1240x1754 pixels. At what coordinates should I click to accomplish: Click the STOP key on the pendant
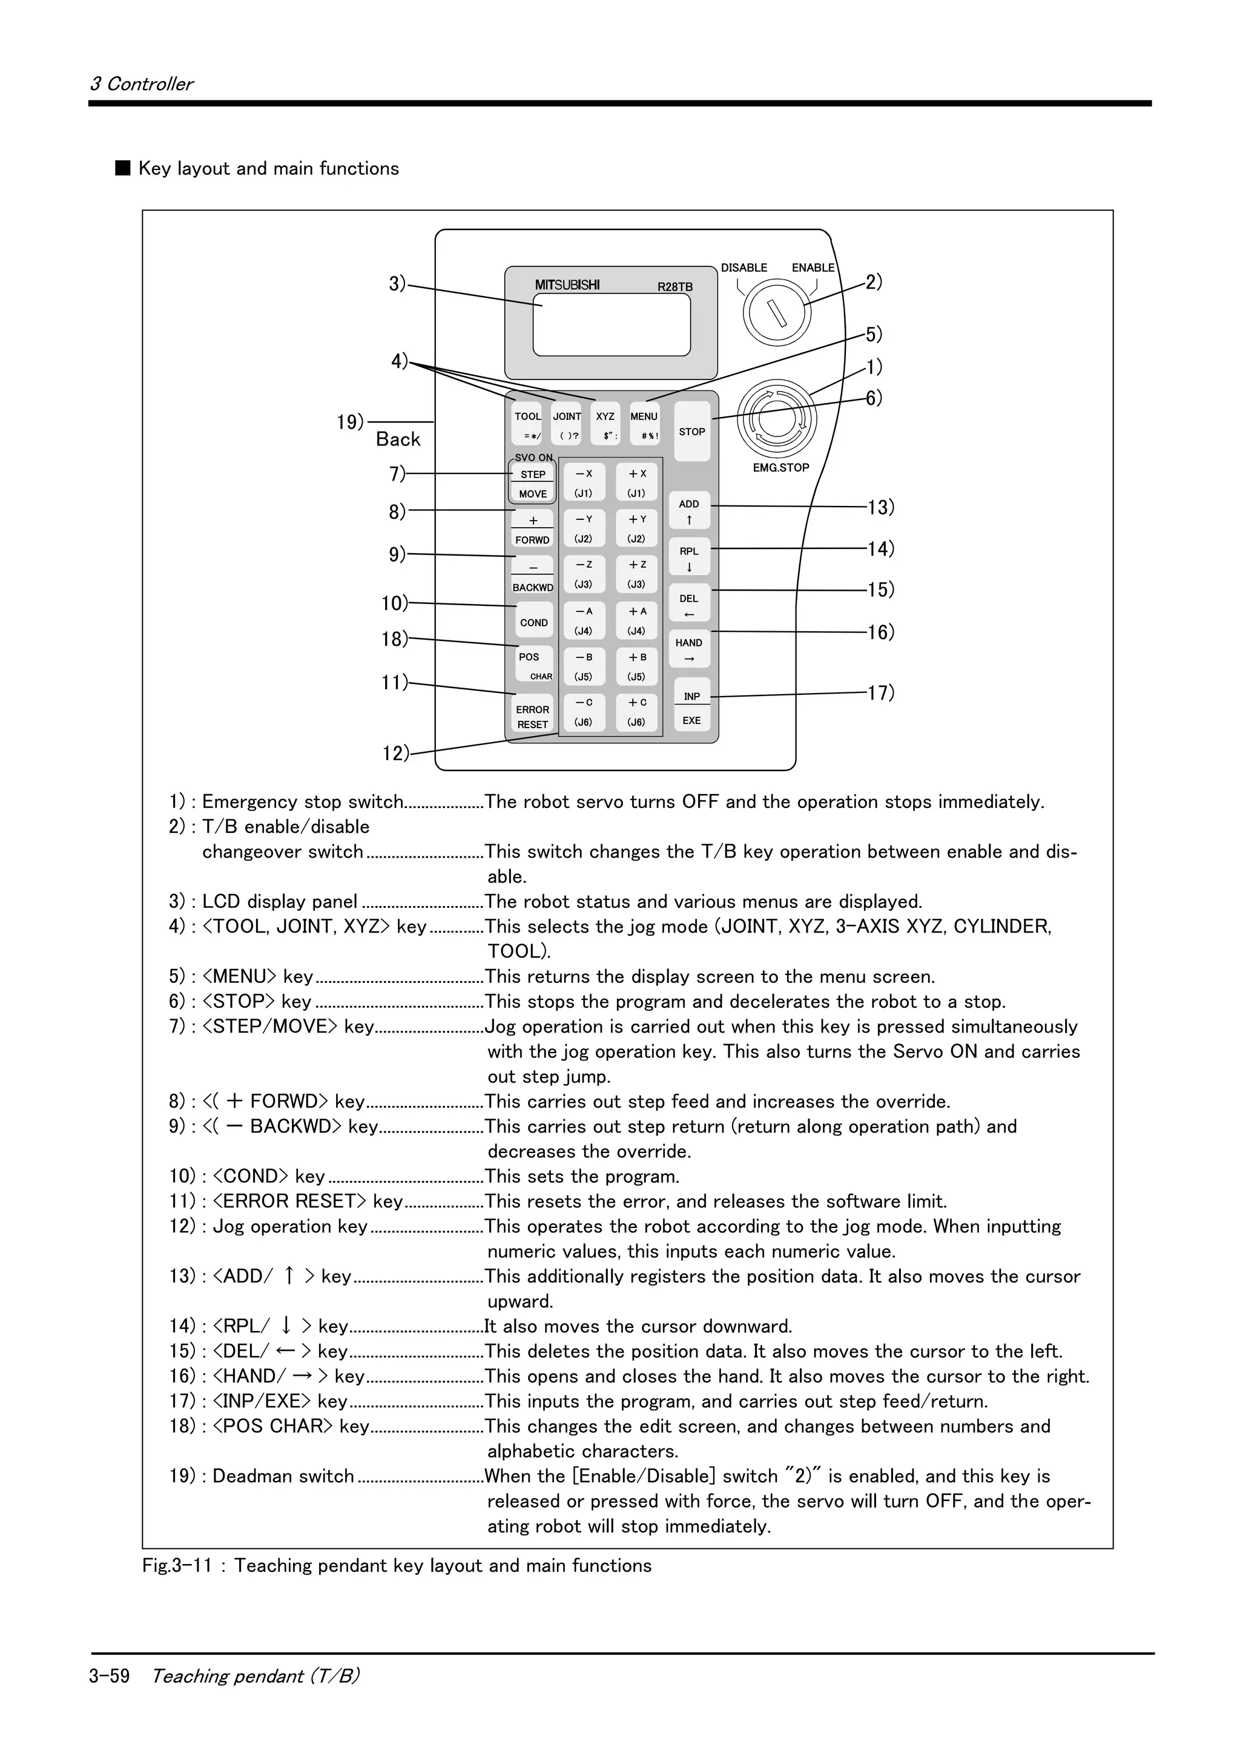point(692,432)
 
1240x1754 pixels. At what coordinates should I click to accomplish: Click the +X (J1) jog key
point(637,482)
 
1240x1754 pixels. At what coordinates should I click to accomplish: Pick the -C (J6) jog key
point(584,711)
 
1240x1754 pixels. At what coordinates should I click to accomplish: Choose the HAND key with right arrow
point(689,649)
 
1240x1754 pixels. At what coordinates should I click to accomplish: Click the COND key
point(534,622)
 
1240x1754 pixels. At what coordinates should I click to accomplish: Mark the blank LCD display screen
point(611,324)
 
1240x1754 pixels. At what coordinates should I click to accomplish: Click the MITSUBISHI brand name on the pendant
point(567,286)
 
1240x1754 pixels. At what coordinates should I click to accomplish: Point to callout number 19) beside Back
point(351,422)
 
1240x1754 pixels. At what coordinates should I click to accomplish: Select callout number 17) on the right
point(880,693)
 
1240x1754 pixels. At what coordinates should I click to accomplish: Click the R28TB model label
point(674,287)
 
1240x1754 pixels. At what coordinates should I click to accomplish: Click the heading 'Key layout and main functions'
point(268,169)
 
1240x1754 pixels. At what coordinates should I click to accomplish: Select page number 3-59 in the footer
point(109,1676)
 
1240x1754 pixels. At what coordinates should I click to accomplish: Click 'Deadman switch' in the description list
point(283,1476)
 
